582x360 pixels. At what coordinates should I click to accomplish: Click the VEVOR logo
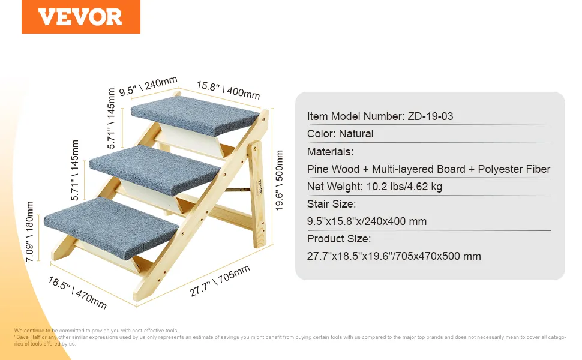coord(80,17)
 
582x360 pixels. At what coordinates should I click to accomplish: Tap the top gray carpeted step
coord(195,115)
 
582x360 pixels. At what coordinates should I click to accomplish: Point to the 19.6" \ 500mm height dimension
coord(279,181)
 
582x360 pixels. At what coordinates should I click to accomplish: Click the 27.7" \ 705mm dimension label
coord(220,281)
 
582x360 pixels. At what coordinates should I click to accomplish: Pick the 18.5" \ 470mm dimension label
coord(77,293)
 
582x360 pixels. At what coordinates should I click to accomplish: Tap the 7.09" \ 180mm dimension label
coord(29,232)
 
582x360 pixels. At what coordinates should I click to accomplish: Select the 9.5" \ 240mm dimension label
coord(148,86)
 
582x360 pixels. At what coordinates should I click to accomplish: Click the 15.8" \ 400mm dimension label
coord(228,90)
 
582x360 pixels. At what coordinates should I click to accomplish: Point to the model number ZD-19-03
coord(430,116)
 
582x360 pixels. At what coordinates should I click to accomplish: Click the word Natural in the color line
coord(356,134)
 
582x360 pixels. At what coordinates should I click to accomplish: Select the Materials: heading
coord(330,152)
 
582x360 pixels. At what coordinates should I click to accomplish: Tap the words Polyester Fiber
coord(514,169)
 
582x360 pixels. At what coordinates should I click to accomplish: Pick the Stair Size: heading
coord(331,204)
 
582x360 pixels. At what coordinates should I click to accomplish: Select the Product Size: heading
coord(339,239)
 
